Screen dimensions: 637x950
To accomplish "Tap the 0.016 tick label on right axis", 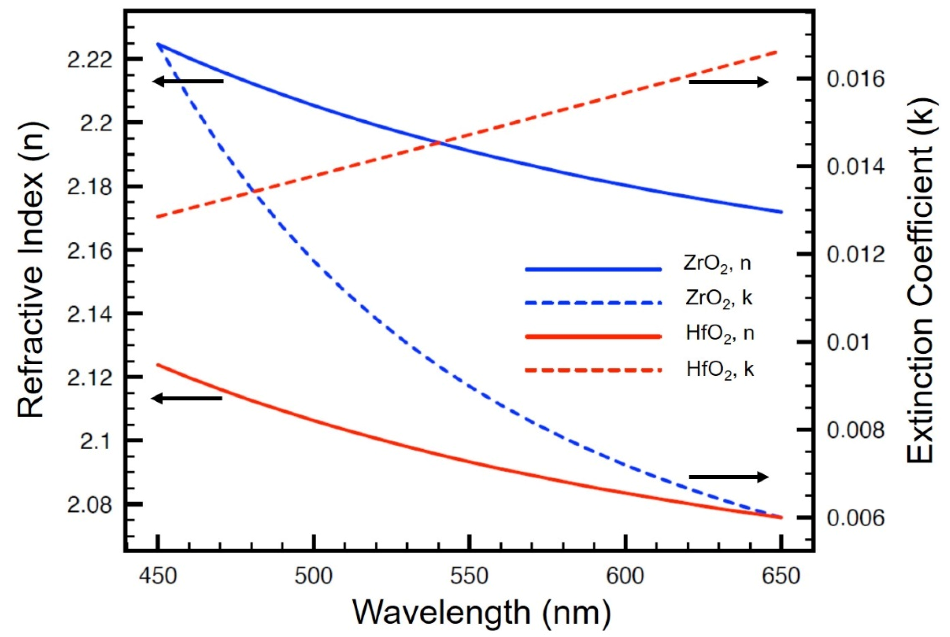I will (856, 80).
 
